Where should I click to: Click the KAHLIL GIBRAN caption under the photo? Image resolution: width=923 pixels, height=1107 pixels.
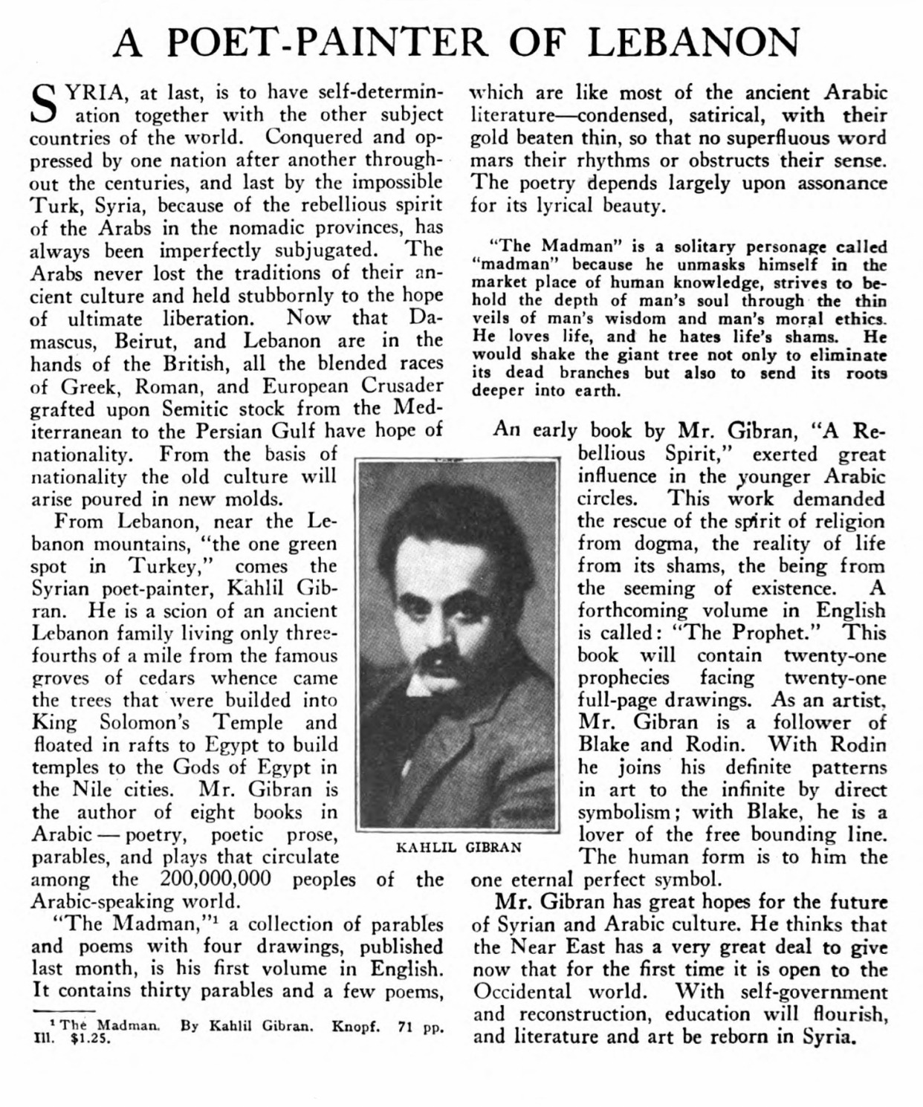[x=459, y=847]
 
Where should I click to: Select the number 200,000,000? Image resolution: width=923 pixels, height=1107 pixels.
[x=215, y=879]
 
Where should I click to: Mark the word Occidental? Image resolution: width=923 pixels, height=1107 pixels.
[x=523, y=992]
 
